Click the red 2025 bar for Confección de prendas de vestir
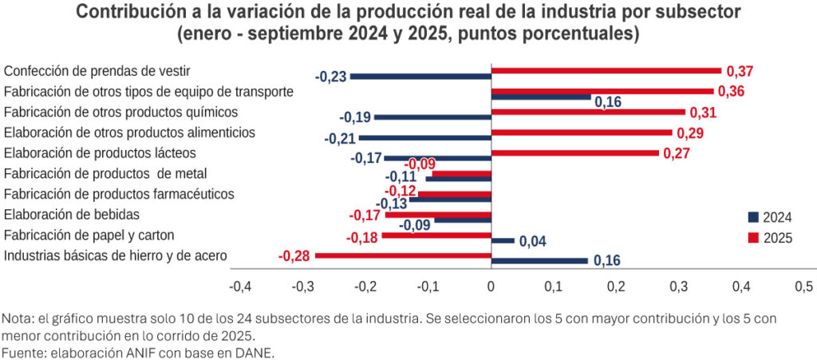tap(606, 70)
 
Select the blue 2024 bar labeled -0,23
tap(420, 77)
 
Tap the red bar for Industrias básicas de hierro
tap(403, 255)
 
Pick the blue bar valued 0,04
tap(503, 240)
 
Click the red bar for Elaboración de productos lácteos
tap(574, 152)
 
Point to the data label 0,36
tap(731, 91)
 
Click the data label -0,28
tap(293, 256)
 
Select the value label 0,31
tap(703, 113)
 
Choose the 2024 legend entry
tap(769, 217)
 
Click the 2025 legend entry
tap(769, 238)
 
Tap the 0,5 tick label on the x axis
tap(804, 287)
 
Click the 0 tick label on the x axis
tap(491, 287)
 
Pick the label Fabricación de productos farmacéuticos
tap(119, 193)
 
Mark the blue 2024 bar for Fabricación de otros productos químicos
tap(432, 117)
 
